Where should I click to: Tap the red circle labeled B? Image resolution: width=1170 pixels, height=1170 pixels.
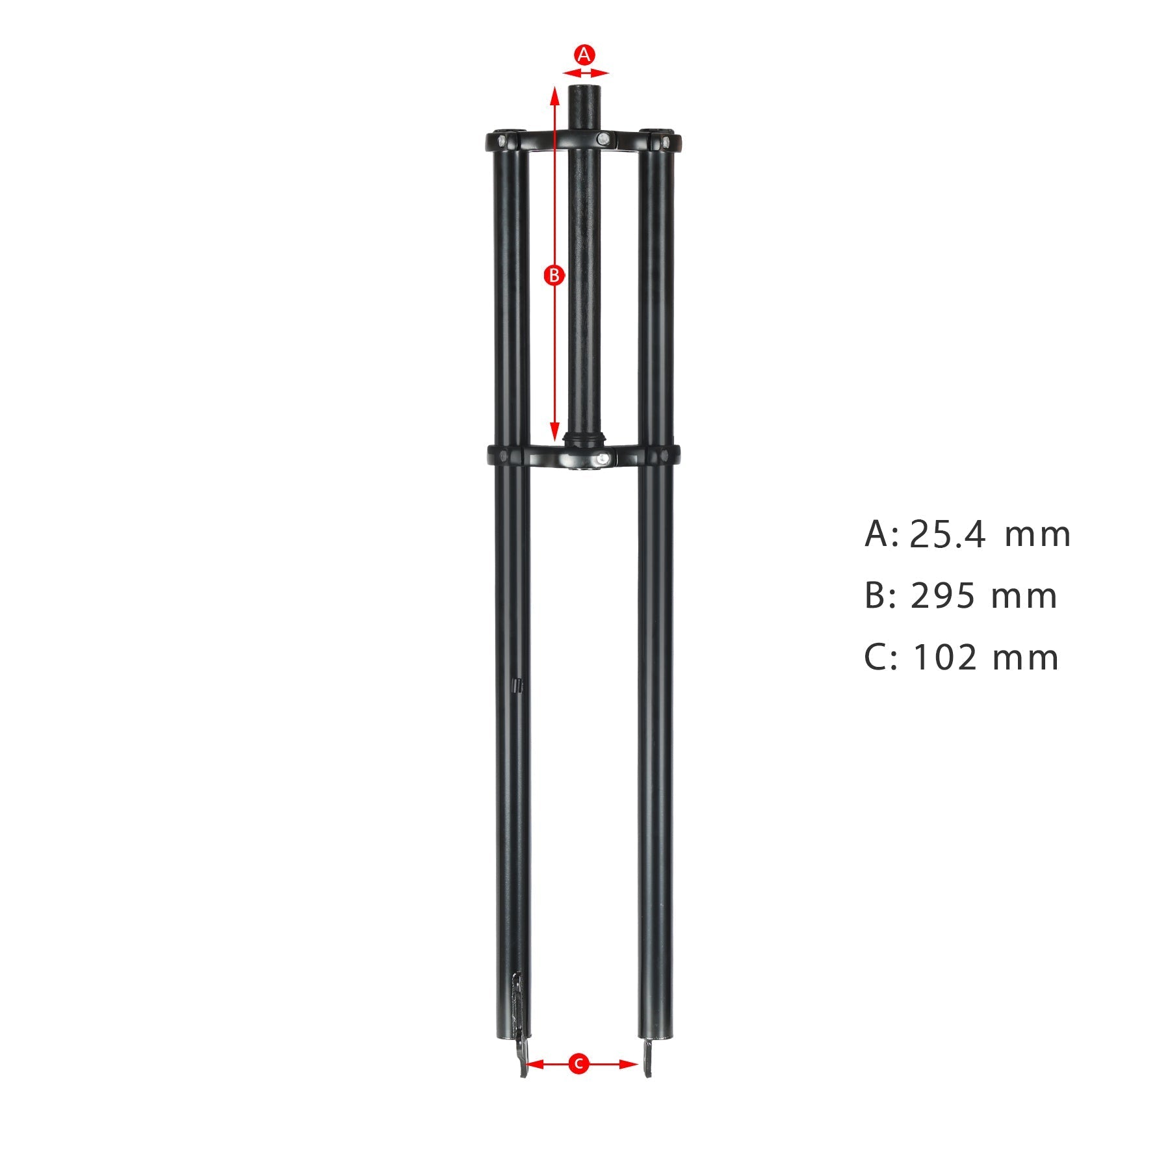[x=554, y=276]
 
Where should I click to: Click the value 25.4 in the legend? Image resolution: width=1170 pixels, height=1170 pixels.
[x=947, y=535]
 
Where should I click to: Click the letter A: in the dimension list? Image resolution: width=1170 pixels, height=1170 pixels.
[x=879, y=535]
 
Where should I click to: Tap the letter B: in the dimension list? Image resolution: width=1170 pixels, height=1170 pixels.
[x=879, y=596]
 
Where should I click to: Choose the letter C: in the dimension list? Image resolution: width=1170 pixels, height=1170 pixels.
[x=879, y=657]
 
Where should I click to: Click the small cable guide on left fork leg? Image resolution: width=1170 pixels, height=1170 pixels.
[x=518, y=686]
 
